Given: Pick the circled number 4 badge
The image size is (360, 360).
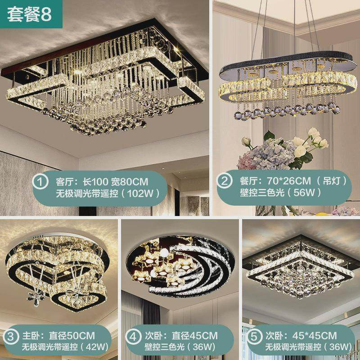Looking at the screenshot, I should click(131, 336).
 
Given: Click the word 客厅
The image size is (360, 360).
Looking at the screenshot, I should click(65, 182).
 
